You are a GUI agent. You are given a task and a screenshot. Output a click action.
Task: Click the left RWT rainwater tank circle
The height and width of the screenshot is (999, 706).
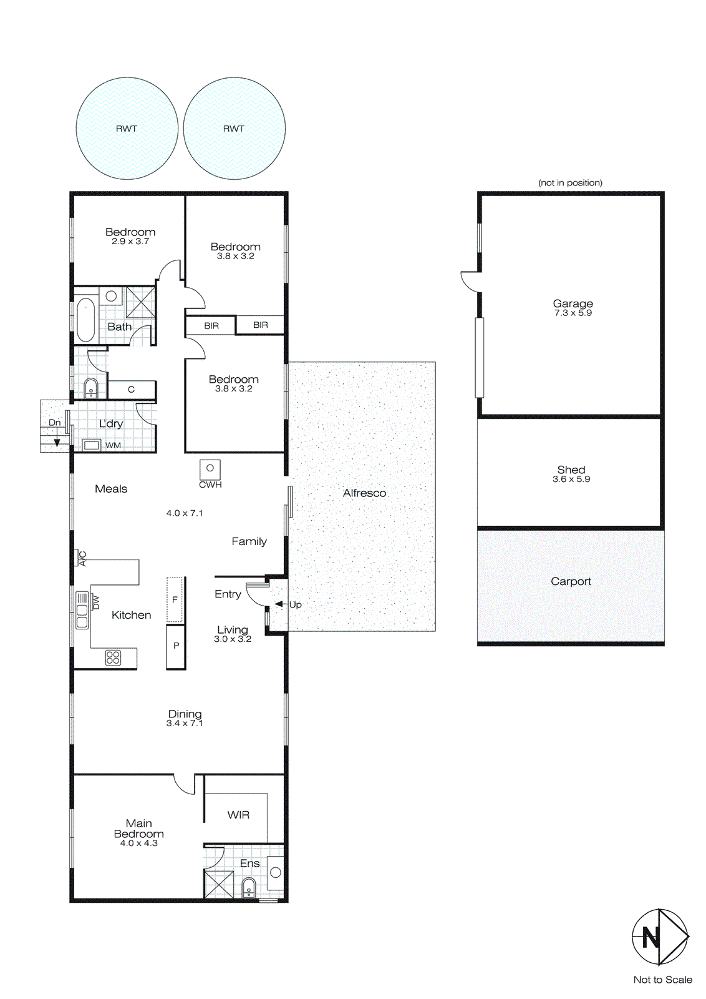coord(127,128)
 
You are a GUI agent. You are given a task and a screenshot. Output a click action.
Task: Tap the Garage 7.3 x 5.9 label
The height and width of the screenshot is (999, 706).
coord(573,308)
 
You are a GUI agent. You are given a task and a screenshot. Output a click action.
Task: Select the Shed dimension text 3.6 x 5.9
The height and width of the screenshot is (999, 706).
coord(571,480)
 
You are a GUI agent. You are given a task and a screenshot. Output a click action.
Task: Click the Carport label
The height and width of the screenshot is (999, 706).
coord(571,581)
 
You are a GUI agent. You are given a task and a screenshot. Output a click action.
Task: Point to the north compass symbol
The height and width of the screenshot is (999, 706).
coord(659,937)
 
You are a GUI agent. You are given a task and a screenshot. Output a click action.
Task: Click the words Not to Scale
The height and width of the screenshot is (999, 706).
coord(662,980)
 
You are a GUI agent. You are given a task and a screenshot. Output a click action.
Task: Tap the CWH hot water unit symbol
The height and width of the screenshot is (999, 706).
coord(210,469)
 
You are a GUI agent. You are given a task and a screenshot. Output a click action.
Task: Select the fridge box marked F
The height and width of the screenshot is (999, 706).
coord(175,599)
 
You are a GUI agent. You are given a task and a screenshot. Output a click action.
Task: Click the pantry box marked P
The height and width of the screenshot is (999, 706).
coord(176,646)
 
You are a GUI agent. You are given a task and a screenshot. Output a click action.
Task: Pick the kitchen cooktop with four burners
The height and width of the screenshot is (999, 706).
coord(113,657)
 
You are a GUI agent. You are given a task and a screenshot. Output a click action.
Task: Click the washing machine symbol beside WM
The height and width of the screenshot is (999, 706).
coord(92,445)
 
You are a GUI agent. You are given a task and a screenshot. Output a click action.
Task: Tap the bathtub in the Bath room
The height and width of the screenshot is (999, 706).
coord(85,320)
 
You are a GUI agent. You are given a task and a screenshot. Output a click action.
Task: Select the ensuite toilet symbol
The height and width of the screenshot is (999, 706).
coord(249,887)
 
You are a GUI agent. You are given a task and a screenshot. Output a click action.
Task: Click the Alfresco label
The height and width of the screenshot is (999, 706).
coord(364,493)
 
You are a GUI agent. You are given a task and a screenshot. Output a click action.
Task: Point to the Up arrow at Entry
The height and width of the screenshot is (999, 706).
coord(279,604)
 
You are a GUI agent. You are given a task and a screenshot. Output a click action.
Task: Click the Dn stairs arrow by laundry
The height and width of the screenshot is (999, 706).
coord(57,441)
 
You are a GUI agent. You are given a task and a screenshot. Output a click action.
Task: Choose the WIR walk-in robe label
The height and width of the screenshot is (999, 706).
coord(238,815)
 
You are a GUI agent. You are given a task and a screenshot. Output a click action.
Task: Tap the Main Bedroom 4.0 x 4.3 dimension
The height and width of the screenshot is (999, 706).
coord(138,843)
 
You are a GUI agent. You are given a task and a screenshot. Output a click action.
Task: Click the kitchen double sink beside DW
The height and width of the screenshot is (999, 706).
coord(82,610)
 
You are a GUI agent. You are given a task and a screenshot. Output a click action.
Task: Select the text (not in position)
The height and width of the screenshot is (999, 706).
coord(570,183)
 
